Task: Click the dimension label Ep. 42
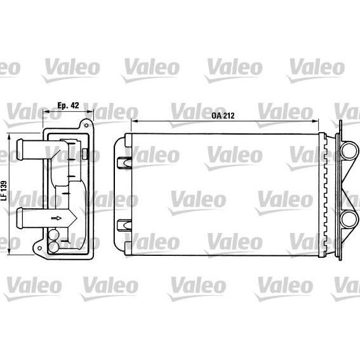(68, 105)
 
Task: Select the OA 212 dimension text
(223, 116)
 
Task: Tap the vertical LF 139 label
(4, 190)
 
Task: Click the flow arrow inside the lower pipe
(57, 218)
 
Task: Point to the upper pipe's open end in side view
(19, 149)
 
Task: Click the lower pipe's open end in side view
(19, 218)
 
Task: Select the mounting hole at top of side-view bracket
(86, 125)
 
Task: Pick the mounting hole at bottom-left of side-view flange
(39, 248)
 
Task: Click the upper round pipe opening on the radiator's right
(349, 150)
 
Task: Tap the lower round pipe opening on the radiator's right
(349, 219)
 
